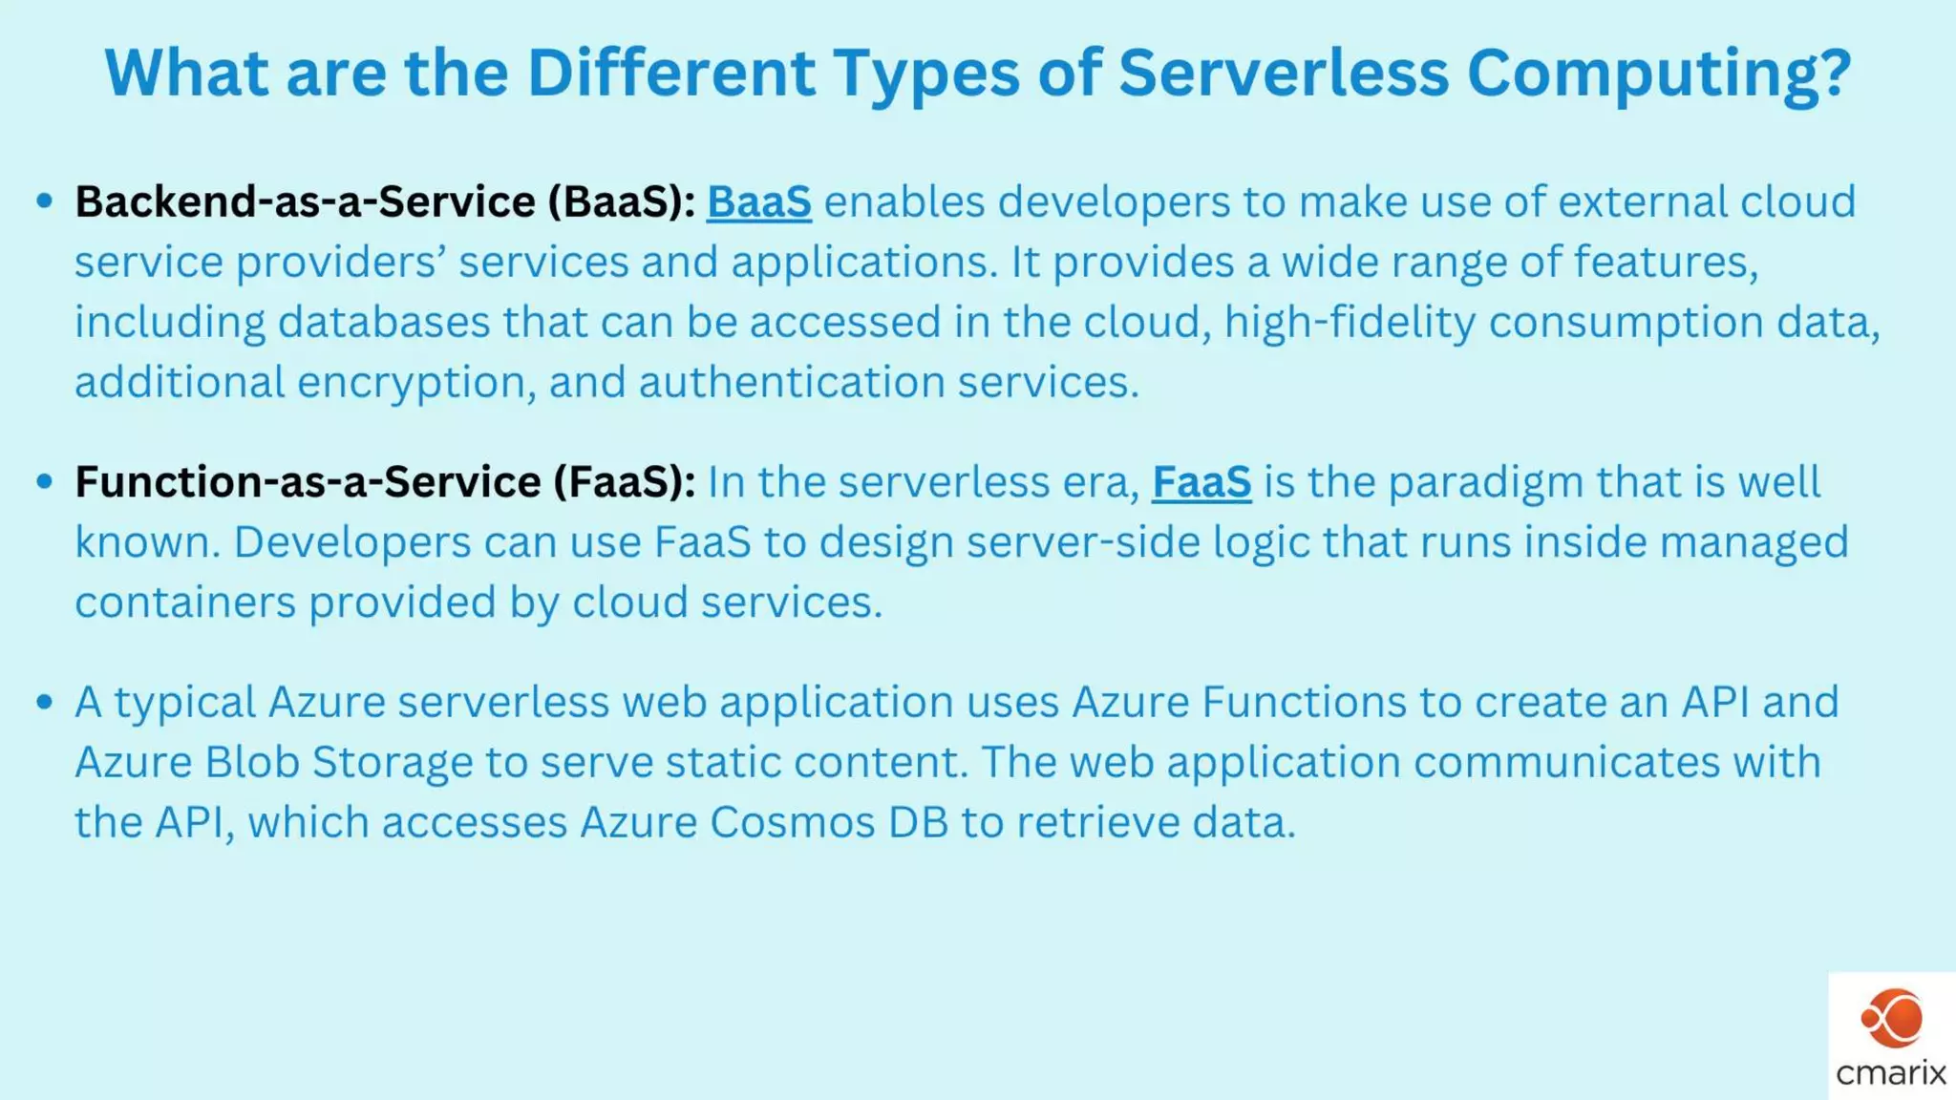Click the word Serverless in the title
click(1284, 73)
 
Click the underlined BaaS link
click(759, 202)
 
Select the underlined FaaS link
click(1201, 482)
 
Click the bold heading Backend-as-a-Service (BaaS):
click(385, 202)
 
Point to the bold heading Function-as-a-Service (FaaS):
click(385, 482)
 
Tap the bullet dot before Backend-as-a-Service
click(44, 201)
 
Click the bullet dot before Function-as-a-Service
click(44, 480)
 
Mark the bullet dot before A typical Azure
click(44, 702)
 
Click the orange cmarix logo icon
click(1891, 1019)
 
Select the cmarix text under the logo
click(1891, 1073)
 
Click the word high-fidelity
click(1350, 323)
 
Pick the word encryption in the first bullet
click(416, 383)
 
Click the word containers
click(185, 603)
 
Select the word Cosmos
click(792, 823)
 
